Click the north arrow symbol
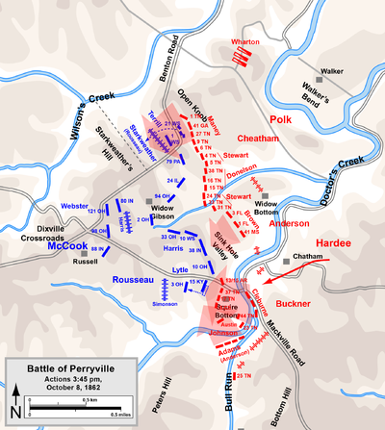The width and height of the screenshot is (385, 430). [x=15, y=390]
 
